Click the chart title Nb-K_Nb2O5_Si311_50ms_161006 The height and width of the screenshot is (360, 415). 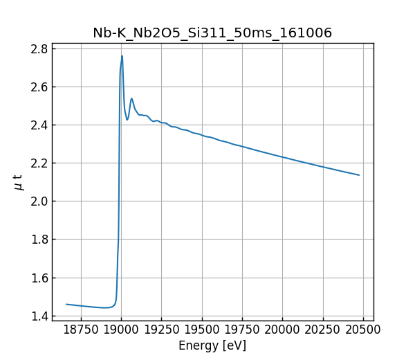[x=212, y=33]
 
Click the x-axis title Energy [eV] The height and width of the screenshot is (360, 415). [x=212, y=345]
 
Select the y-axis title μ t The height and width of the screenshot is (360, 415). [x=18, y=182]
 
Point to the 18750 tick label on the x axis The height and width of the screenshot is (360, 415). [x=81, y=330]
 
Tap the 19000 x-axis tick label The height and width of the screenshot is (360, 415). [x=121, y=330]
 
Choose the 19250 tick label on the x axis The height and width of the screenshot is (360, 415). [x=161, y=330]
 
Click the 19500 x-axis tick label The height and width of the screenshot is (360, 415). [x=202, y=330]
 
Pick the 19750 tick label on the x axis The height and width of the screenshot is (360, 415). [x=242, y=330]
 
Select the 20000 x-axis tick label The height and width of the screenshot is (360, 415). [x=282, y=330]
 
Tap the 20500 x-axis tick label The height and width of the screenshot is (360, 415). [x=363, y=330]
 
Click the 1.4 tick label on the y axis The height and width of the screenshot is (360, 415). [x=39, y=316]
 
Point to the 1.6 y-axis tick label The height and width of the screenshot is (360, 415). [x=39, y=278]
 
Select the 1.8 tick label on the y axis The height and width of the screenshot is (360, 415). [x=39, y=240]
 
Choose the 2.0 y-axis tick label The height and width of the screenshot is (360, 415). [x=39, y=201]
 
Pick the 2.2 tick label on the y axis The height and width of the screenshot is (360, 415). [x=39, y=163]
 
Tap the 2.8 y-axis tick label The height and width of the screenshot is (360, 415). [x=39, y=49]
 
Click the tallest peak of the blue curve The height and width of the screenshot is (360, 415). [x=122, y=56]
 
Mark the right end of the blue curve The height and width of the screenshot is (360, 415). [x=359, y=175]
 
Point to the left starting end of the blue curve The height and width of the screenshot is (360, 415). [x=66, y=304]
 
